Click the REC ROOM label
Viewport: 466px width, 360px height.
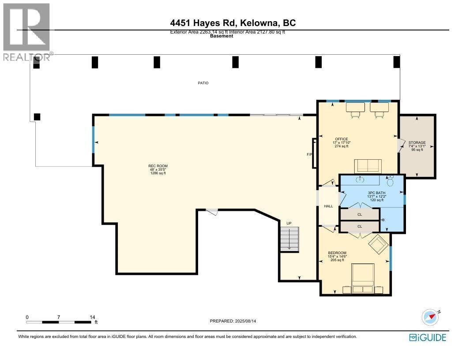tap(158, 166)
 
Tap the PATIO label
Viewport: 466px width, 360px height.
tap(203, 83)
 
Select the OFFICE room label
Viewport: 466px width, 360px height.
tap(341, 139)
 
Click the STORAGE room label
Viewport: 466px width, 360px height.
tap(417, 142)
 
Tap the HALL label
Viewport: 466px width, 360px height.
tap(328, 206)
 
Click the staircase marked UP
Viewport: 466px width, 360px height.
tap(289, 239)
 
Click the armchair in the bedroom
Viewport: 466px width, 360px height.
tap(378, 244)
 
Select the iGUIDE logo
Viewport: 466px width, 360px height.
tap(428, 337)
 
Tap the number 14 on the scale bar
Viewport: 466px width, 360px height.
tap(92, 317)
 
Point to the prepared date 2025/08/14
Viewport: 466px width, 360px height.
tap(233, 321)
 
